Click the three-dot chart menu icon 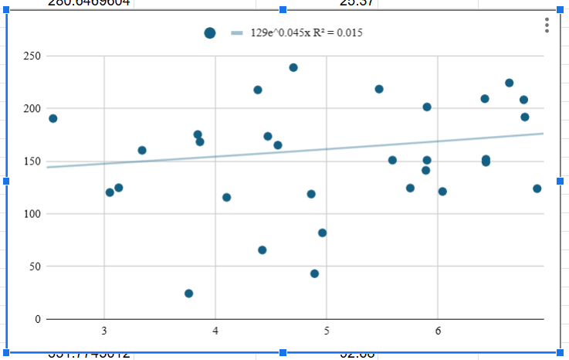(x=547, y=25)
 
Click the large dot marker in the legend (x=210, y=32)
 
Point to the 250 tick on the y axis (x=31, y=56)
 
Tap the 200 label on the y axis (x=31, y=109)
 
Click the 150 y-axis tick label (x=31, y=161)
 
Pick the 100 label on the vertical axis (x=31, y=214)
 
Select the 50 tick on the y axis (x=33, y=267)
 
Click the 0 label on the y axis (x=36, y=319)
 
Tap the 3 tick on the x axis (x=104, y=331)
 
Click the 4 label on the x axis (x=215, y=331)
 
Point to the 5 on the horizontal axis (x=327, y=331)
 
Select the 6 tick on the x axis (x=438, y=331)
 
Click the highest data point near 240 (x=293, y=67)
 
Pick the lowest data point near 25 (x=188, y=294)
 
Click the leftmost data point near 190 (x=52, y=118)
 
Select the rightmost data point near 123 (x=537, y=188)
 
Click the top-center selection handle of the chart (x=283, y=9)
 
